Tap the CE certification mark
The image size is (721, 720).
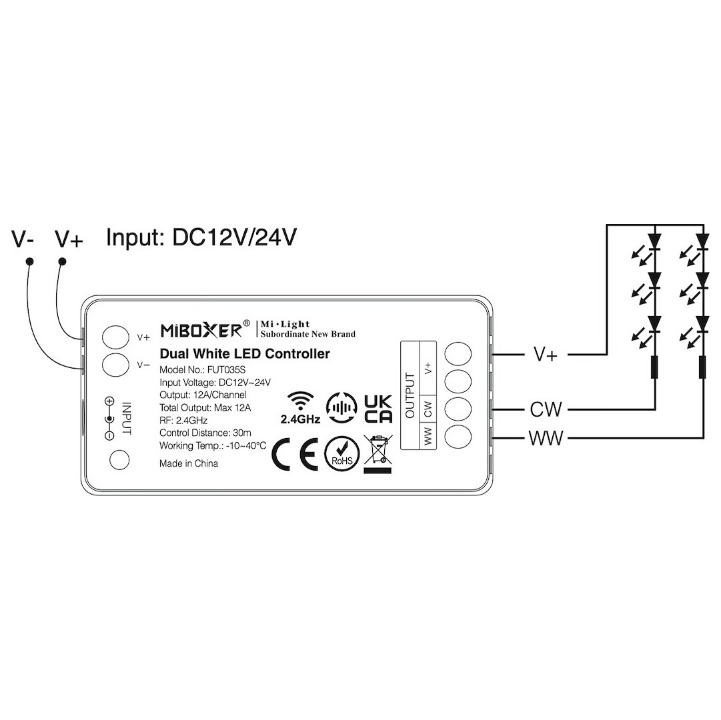coord(294,453)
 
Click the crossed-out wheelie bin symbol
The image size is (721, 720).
coord(378,454)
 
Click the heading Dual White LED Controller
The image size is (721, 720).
coord(245,354)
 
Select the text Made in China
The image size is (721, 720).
coord(189,463)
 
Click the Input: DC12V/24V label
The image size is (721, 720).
coord(201,237)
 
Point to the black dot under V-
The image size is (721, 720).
coord(29,261)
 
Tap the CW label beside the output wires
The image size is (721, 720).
coord(546,408)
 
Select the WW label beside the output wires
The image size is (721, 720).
coord(546,438)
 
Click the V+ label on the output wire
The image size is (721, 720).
coord(546,354)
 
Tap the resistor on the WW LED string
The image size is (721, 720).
coord(702,367)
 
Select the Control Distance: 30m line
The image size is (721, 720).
coord(205,433)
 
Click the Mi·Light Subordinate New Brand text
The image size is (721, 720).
coord(307,329)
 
